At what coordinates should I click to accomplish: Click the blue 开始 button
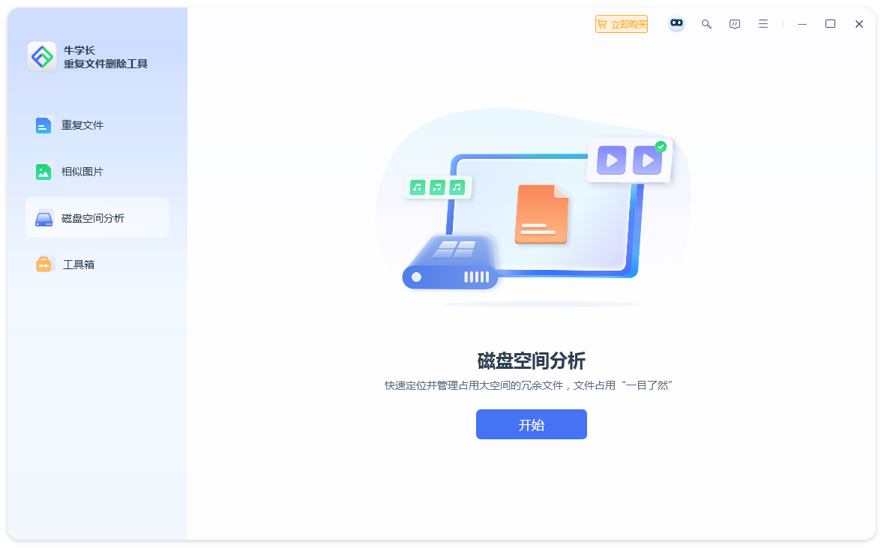point(531,424)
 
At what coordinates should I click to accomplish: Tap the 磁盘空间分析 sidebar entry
point(97,217)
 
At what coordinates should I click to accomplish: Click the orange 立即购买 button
point(622,24)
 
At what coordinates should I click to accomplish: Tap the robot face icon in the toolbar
point(676,24)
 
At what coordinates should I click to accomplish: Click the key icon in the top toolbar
point(706,24)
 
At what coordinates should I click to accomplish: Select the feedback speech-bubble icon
point(735,24)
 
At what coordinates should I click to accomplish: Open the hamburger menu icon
point(763,24)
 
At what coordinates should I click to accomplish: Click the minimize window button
point(802,24)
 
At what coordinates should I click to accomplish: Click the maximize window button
point(831,24)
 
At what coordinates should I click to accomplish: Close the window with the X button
point(859,24)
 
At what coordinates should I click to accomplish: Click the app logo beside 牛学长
point(42,56)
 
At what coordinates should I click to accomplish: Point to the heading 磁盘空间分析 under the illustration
point(531,361)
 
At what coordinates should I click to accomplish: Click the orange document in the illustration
point(542,214)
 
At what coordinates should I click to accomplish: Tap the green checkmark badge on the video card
point(661,147)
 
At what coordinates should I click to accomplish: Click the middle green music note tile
point(437,187)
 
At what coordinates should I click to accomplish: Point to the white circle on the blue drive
point(417,277)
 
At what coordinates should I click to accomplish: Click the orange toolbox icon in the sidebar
point(43,264)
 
